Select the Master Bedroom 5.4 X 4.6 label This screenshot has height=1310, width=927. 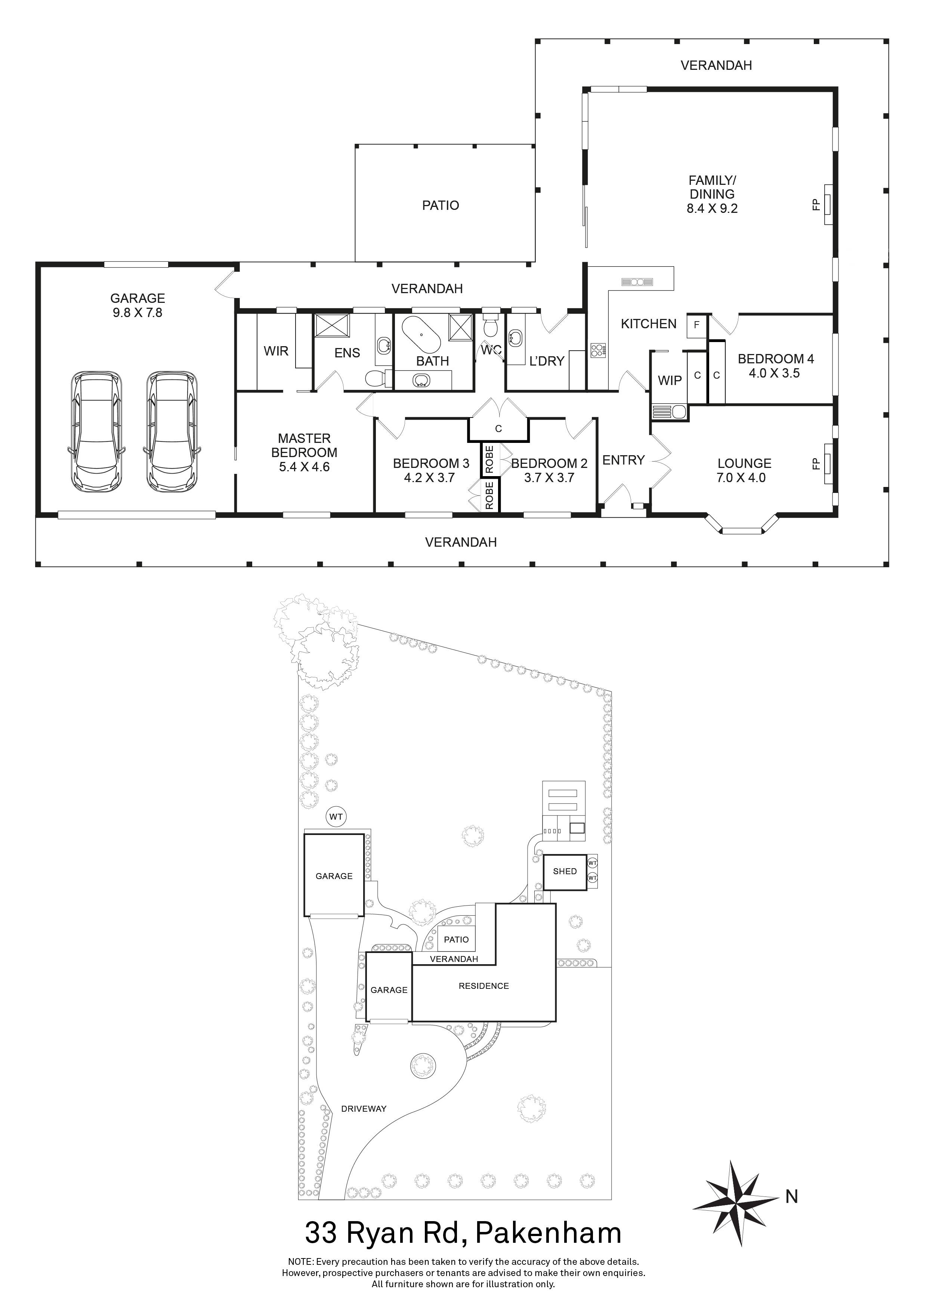(x=304, y=453)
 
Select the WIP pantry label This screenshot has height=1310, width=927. (x=670, y=380)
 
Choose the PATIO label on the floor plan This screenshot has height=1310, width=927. (x=440, y=205)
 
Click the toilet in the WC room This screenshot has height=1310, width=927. (x=490, y=326)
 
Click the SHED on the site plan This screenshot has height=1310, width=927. (x=565, y=871)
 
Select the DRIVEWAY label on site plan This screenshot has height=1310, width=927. (x=364, y=1109)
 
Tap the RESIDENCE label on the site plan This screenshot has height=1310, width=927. (x=483, y=985)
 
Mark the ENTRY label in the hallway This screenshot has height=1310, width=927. (x=623, y=460)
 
